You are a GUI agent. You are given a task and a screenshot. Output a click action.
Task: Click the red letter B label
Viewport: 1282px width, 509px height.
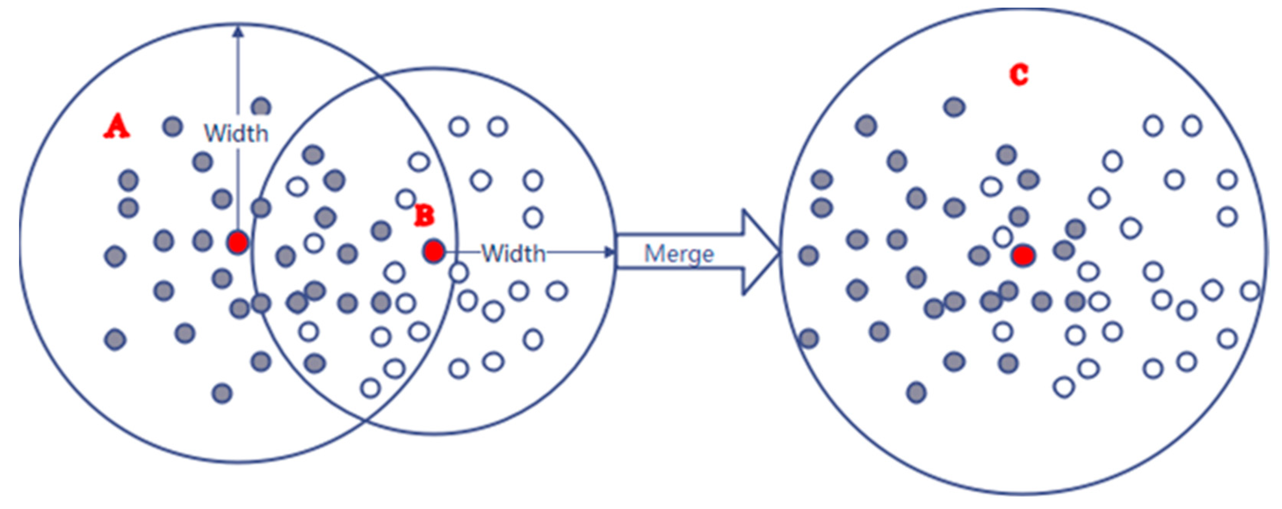click(x=425, y=216)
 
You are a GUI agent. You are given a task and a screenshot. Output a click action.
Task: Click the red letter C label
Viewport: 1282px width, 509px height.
click(x=1019, y=75)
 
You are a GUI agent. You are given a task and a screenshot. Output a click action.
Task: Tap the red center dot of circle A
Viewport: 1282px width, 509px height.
click(x=238, y=243)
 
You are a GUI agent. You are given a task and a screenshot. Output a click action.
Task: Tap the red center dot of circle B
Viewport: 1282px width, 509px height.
click(x=434, y=251)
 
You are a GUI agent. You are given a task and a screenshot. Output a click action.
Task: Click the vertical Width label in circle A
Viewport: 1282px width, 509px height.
click(x=236, y=133)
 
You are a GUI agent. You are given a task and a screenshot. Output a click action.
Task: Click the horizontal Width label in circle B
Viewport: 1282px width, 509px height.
click(x=513, y=254)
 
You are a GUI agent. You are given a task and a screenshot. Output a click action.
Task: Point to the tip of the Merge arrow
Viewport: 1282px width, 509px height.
click(x=778, y=252)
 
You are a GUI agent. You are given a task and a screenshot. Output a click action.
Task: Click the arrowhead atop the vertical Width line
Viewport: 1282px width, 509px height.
click(x=238, y=31)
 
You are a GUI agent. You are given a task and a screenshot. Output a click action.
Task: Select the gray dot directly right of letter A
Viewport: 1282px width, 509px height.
click(x=173, y=126)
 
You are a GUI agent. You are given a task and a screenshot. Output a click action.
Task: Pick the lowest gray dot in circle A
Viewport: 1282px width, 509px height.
click(x=222, y=393)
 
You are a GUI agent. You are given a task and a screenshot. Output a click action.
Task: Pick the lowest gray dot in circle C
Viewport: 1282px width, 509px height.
click(x=916, y=392)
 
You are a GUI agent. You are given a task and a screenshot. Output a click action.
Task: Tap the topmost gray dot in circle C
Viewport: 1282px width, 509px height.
click(x=954, y=107)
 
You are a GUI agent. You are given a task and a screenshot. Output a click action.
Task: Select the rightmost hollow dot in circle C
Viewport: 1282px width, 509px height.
click(x=1250, y=291)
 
